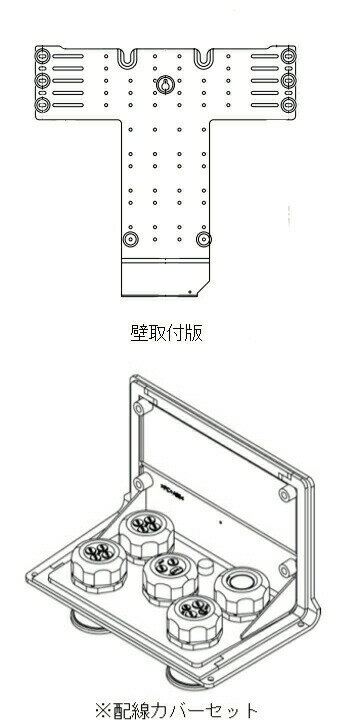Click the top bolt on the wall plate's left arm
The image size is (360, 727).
[43, 56]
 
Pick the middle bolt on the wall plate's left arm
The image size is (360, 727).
[43, 80]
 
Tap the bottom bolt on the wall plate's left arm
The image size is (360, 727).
[43, 103]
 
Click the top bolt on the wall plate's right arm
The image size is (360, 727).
[288, 56]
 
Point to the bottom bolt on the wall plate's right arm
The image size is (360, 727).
[288, 103]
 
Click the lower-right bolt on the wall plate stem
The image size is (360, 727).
[204, 239]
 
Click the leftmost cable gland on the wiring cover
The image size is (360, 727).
[102, 555]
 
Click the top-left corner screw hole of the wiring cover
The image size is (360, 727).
[140, 409]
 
